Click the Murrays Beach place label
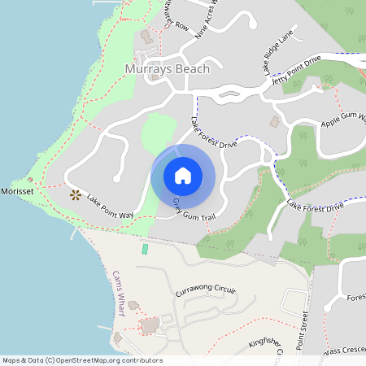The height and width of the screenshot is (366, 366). tap(168, 69)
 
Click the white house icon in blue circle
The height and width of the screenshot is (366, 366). tap(183, 176)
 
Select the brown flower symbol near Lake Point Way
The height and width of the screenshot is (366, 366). tap(76, 194)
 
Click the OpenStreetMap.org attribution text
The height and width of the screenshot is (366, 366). tap(106, 360)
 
